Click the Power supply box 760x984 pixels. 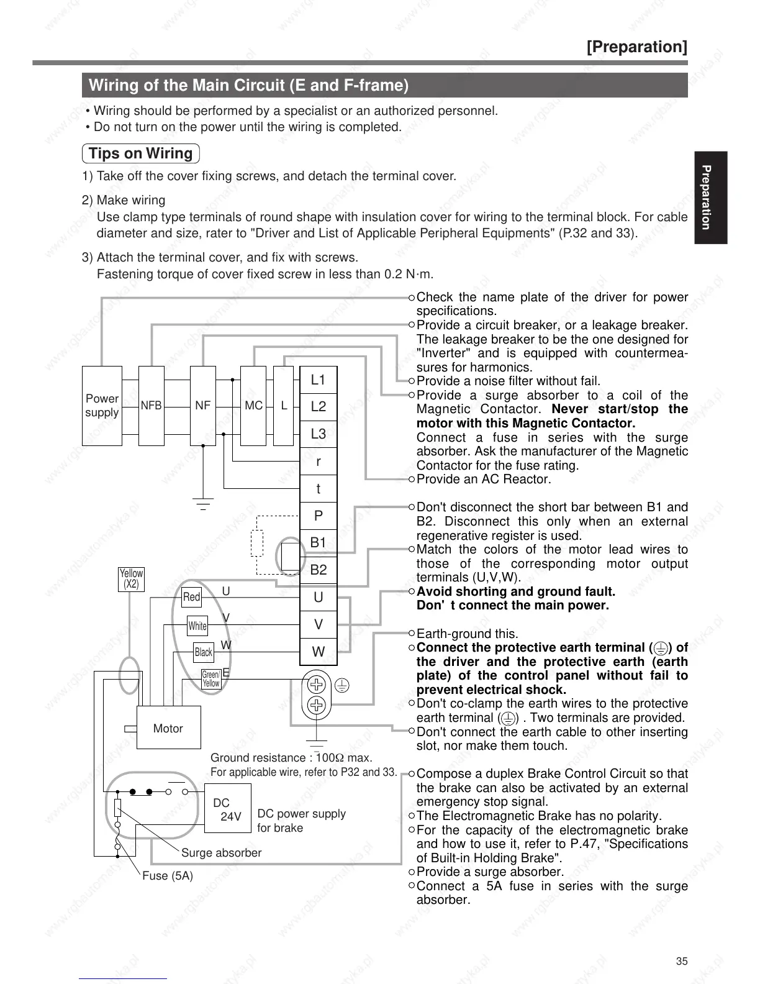(x=102, y=406)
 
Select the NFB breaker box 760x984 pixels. (x=151, y=406)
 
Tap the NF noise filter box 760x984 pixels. (x=202, y=406)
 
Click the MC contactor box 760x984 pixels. (x=253, y=406)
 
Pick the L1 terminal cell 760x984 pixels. (x=318, y=380)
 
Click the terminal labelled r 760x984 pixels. (x=318, y=461)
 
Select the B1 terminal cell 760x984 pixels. (x=318, y=542)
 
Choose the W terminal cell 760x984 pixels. (x=318, y=652)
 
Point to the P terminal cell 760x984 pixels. (x=318, y=516)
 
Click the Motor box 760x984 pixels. (x=168, y=728)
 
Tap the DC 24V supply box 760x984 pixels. (x=228, y=809)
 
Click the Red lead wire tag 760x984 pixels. (x=192, y=597)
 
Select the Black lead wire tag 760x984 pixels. (x=204, y=652)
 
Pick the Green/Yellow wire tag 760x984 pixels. (x=211, y=679)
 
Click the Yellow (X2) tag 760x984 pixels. (x=131, y=579)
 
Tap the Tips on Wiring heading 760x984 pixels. (x=141, y=153)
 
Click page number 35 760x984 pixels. (x=682, y=961)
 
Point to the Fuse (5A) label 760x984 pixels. (x=168, y=876)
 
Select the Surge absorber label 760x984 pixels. (x=221, y=853)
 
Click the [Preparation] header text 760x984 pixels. (x=637, y=47)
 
